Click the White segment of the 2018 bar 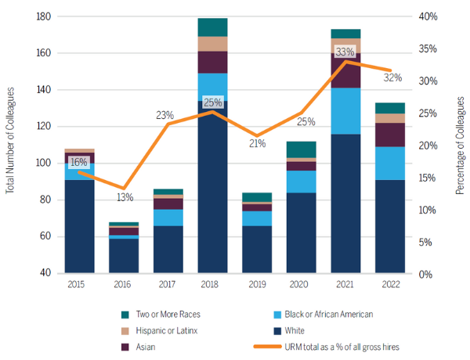tap(212, 188)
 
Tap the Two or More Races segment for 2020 tap(301, 149)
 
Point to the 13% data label tap(123, 197)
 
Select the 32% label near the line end tap(392, 77)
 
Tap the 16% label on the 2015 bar tap(79, 162)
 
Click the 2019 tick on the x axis tap(256, 286)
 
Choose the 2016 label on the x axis tap(123, 286)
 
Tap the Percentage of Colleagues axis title tap(460, 145)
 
